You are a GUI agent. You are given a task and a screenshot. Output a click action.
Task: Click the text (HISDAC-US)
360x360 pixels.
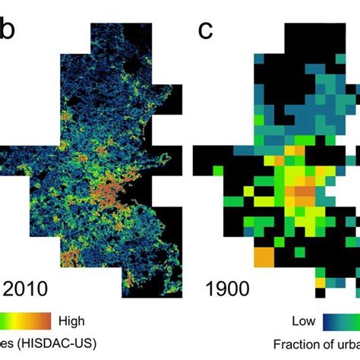[x=62, y=343]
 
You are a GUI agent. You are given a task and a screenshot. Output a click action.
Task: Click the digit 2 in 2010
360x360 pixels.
[x=11, y=288]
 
